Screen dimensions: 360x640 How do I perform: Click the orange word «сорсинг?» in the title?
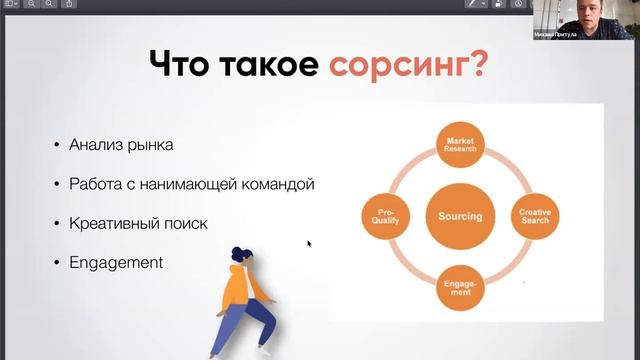click(x=408, y=65)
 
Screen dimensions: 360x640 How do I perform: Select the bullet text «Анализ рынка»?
click(x=121, y=145)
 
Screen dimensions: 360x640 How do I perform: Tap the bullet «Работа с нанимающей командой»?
click(x=192, y=184)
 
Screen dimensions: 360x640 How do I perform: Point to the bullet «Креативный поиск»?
click(x=138, y=223)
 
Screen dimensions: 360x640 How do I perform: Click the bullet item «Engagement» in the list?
click(x=116, y=263)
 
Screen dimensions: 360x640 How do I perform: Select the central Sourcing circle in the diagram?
click(x=460, y=216)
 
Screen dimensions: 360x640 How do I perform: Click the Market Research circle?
click(x=460, y=147)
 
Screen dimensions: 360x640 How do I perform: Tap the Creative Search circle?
click(x=535, y=216)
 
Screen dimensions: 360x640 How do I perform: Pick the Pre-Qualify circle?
click(x=385, y=216)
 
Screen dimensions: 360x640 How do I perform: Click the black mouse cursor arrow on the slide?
click(x=309, y=243)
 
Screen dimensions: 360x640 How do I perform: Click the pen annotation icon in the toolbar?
click(x=470, y=5)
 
